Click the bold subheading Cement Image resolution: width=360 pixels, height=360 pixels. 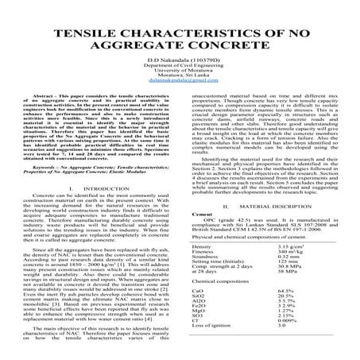202,215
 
